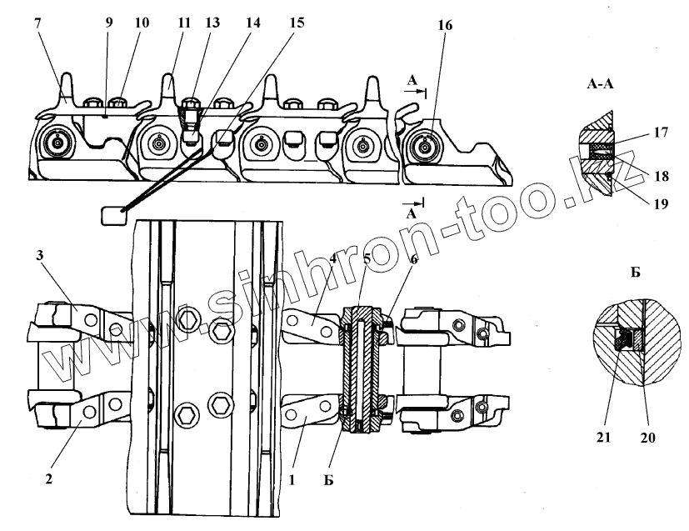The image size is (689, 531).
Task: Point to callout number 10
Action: click(142, 23)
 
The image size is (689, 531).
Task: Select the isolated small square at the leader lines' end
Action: click(112, 217)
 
